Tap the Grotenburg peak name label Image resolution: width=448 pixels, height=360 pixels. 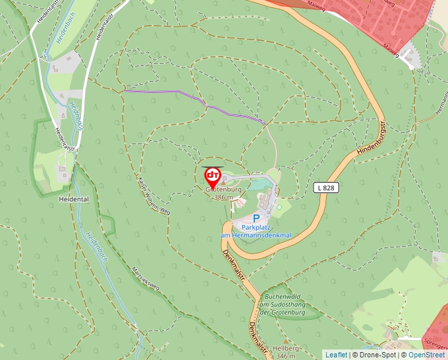[x=223, y=190]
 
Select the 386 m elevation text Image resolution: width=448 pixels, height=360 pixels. [x=224, y=197]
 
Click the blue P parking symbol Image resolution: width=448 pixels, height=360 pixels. [x=256, y=219]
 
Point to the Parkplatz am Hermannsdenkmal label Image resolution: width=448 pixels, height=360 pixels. [x=256, y=231]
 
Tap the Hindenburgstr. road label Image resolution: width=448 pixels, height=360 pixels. [x=370, y=138]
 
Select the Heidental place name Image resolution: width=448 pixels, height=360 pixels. [x=73, y=199]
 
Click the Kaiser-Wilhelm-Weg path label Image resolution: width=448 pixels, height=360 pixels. [x=154, y=196]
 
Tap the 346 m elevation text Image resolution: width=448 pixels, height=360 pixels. [x=286, y=355]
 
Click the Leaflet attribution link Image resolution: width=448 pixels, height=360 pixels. [x=336, y=355]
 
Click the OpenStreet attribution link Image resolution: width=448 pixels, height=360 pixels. [x=427, y=355]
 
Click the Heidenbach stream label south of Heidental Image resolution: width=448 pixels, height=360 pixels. [x=96, y=247]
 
